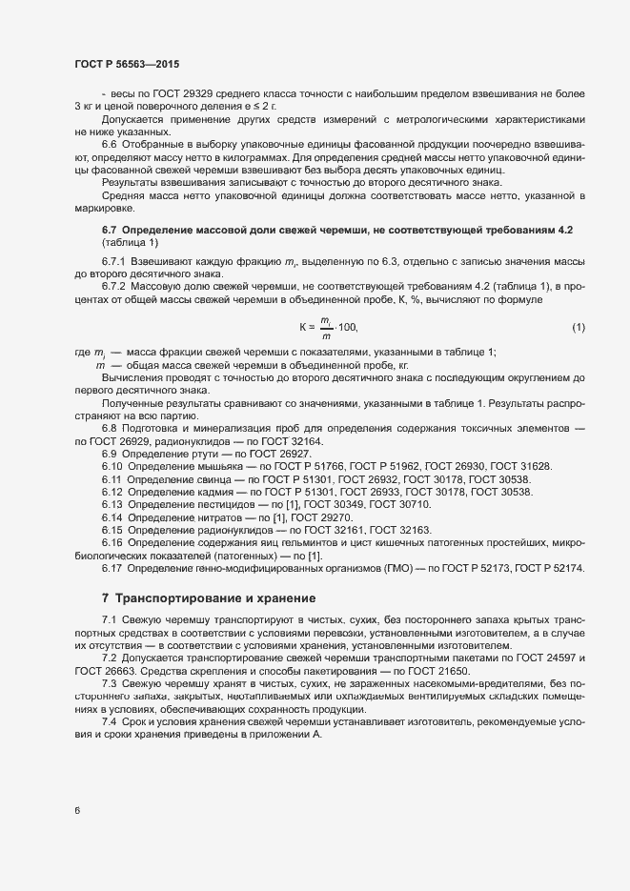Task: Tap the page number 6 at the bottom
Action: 77,811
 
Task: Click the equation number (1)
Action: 578,329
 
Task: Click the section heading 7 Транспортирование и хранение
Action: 209,598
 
